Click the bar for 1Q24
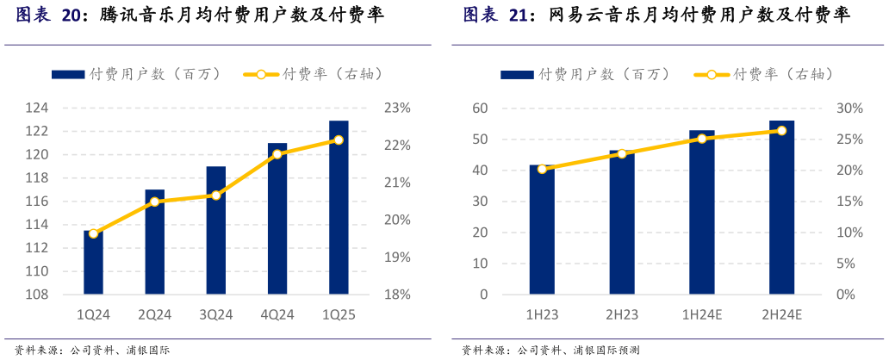[x=93, y=263]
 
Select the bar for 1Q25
[x=339, y=208]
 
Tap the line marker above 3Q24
[x=215, y=196]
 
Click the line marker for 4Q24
[x=277, y=154]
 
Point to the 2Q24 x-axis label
[x=154, y=315]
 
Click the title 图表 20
[x=48, y=16]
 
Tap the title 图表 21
[x=494, y=16]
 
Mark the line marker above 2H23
[x=622, y=153]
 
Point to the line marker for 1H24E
[x=702, y=139]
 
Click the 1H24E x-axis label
[x=701, y=315]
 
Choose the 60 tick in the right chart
[x=479, y=109]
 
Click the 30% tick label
[x=851, y=109]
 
